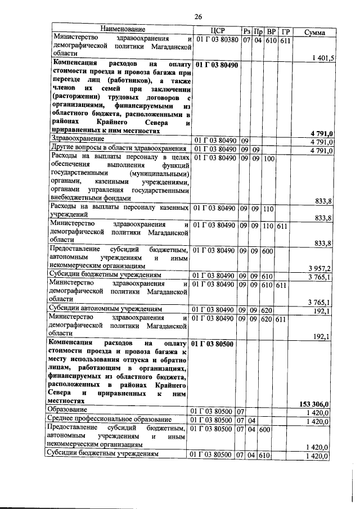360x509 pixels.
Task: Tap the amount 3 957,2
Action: coord(322,268)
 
